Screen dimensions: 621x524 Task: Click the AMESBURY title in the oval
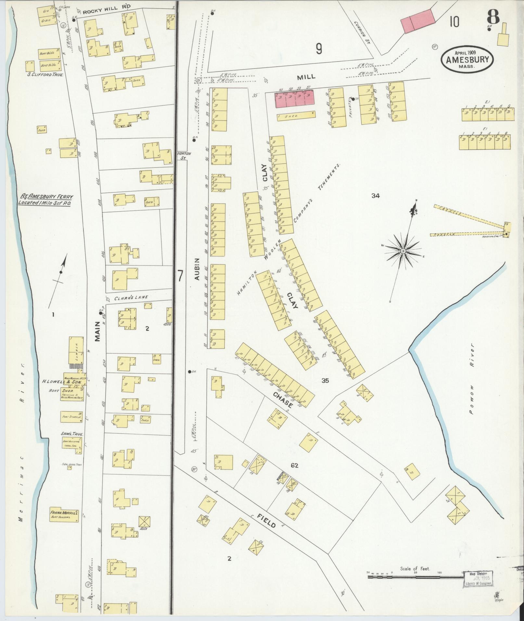pos(467,60)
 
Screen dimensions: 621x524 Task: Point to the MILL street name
pos(306,77)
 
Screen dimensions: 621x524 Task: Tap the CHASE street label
pos(283,400)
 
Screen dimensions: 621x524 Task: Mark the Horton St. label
pos(184,155)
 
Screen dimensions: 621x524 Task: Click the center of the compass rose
pos(403,251)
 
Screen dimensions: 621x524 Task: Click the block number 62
pos(294,466)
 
